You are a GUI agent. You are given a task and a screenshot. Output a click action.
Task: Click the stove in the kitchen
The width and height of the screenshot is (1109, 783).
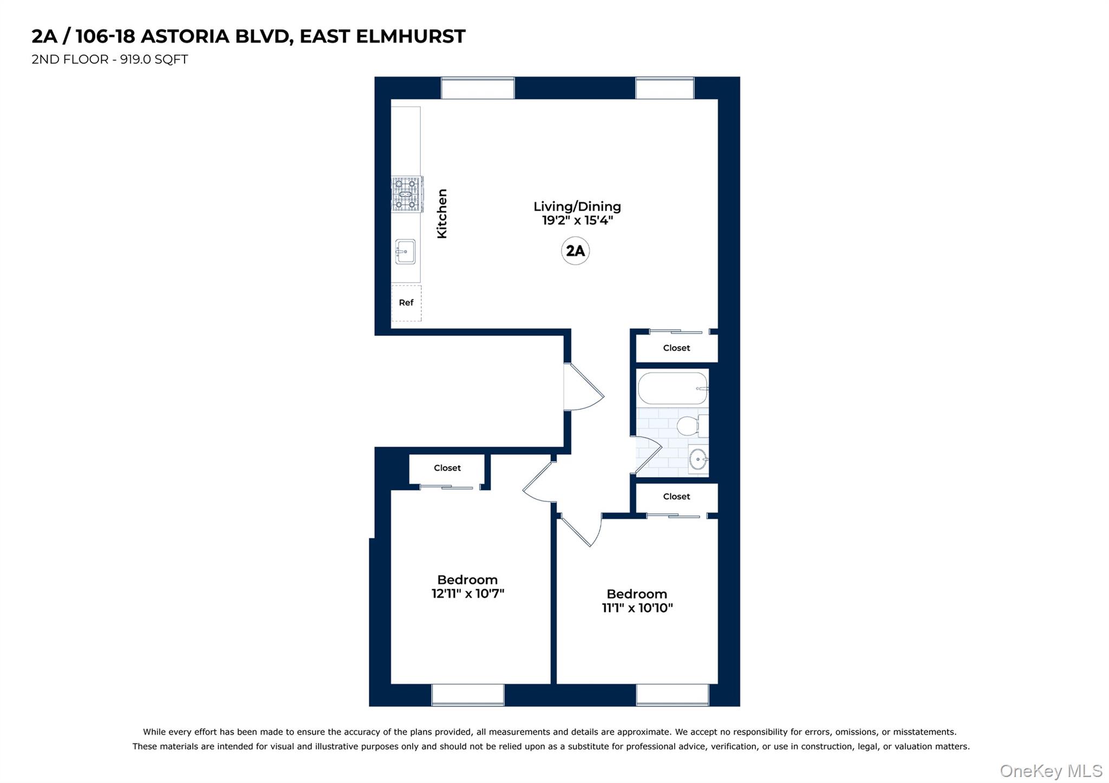407,194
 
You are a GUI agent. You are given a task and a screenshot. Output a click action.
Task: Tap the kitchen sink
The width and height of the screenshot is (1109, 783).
405,252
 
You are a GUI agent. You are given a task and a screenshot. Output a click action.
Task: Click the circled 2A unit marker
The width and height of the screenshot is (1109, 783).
575,251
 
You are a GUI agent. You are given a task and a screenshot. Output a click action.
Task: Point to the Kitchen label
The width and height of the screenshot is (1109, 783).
442,213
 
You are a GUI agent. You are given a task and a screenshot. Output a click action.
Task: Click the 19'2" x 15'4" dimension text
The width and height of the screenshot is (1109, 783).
577,220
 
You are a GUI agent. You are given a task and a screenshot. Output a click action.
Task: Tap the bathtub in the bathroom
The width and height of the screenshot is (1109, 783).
672,388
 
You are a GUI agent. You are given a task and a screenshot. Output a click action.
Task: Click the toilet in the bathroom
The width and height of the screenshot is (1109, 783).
691,426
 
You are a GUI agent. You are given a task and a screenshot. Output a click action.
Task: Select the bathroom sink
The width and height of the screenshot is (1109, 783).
697,459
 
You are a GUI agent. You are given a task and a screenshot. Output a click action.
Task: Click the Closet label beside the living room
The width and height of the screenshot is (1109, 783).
676,348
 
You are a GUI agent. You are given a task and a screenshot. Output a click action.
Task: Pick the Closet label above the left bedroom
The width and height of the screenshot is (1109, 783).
447,468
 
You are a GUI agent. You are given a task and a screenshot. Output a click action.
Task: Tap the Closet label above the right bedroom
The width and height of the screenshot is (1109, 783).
676,497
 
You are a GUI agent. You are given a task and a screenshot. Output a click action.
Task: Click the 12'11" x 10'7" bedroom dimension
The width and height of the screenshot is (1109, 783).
468,593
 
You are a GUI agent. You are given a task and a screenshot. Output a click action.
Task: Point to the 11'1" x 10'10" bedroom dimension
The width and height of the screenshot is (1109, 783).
637,608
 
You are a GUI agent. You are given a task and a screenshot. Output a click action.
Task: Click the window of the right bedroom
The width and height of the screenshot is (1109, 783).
672,695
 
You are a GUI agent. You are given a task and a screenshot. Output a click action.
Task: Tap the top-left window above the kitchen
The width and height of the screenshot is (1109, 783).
477,88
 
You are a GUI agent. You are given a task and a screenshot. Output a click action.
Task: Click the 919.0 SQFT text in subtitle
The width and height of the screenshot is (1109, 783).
154,60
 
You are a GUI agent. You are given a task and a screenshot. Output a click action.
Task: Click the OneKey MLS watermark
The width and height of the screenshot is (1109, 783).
1051,771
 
